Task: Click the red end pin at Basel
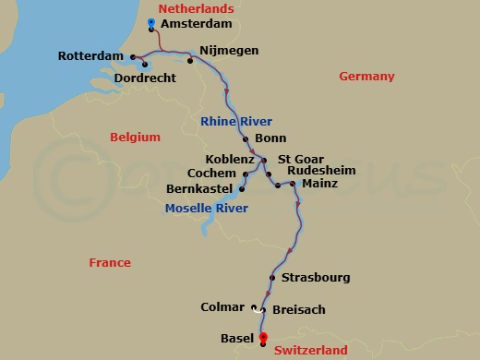pyautogui.click(x=262, y=337)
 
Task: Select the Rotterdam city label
pyautogui.click(x=90, y=56)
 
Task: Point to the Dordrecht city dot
pyautogui.click(x=145, y=64)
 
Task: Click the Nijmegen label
pyautogui.click(x=229, y=50)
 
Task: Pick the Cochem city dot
pyautogui.click(x=244, y=174)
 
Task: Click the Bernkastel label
pyautogui.click(x=198, y=189)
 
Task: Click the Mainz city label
pyautogui.click(x=319, y=184)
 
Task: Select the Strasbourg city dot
pyautogui.click(x=272, y=278)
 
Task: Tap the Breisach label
pyautogui.click(x=299, y=310)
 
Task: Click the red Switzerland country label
pyautogui.click(x=310, y=350)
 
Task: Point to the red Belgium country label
pyautogui.click(x=135, y=137)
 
